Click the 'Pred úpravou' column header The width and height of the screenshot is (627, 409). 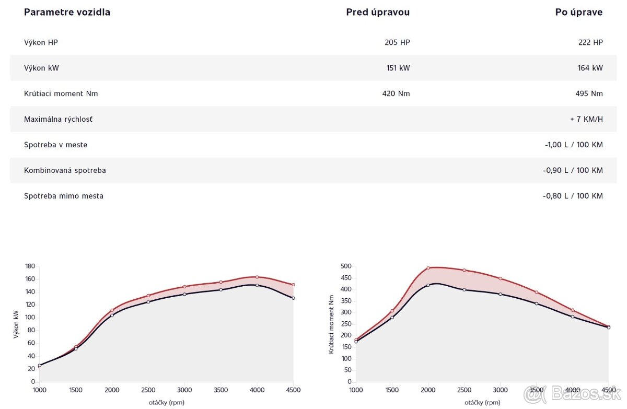coord(378,13)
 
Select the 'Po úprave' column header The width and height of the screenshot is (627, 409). coord(578,13)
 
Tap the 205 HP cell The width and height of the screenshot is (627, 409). coord(397,42)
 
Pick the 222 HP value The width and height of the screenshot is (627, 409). coord(590,42)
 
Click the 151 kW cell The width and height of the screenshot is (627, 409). coord(397,68)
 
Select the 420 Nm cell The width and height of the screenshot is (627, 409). coord(396,94)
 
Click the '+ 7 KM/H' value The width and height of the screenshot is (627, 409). coord(586,119)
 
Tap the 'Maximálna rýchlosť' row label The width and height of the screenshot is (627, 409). coord(59,119)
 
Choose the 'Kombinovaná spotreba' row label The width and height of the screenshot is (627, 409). coord(65,170)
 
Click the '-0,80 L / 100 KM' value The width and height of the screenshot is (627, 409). coord(573,196)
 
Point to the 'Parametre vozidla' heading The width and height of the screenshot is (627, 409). coord(67,13)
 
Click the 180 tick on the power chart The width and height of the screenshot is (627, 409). coord(30,266)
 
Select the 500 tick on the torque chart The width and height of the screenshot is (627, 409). coord(346,266)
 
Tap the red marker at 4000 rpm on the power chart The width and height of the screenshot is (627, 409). coord(257,277)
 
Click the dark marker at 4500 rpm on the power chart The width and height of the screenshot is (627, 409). coord(293,298)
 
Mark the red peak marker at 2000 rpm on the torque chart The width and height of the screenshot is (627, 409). coord(428,268)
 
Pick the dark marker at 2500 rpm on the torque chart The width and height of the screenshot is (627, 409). coord(464,289)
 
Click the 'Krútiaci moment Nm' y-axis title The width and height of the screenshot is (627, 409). coord(331,324)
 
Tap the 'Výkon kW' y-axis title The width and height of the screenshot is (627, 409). coord(16,324)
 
